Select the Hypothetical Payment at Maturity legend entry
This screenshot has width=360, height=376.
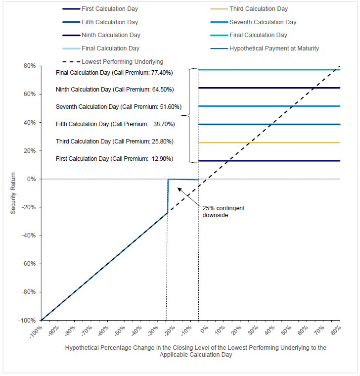[273, 48]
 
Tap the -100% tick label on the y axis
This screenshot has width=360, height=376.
[27, 320]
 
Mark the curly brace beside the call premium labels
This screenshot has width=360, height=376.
[188, 116]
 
